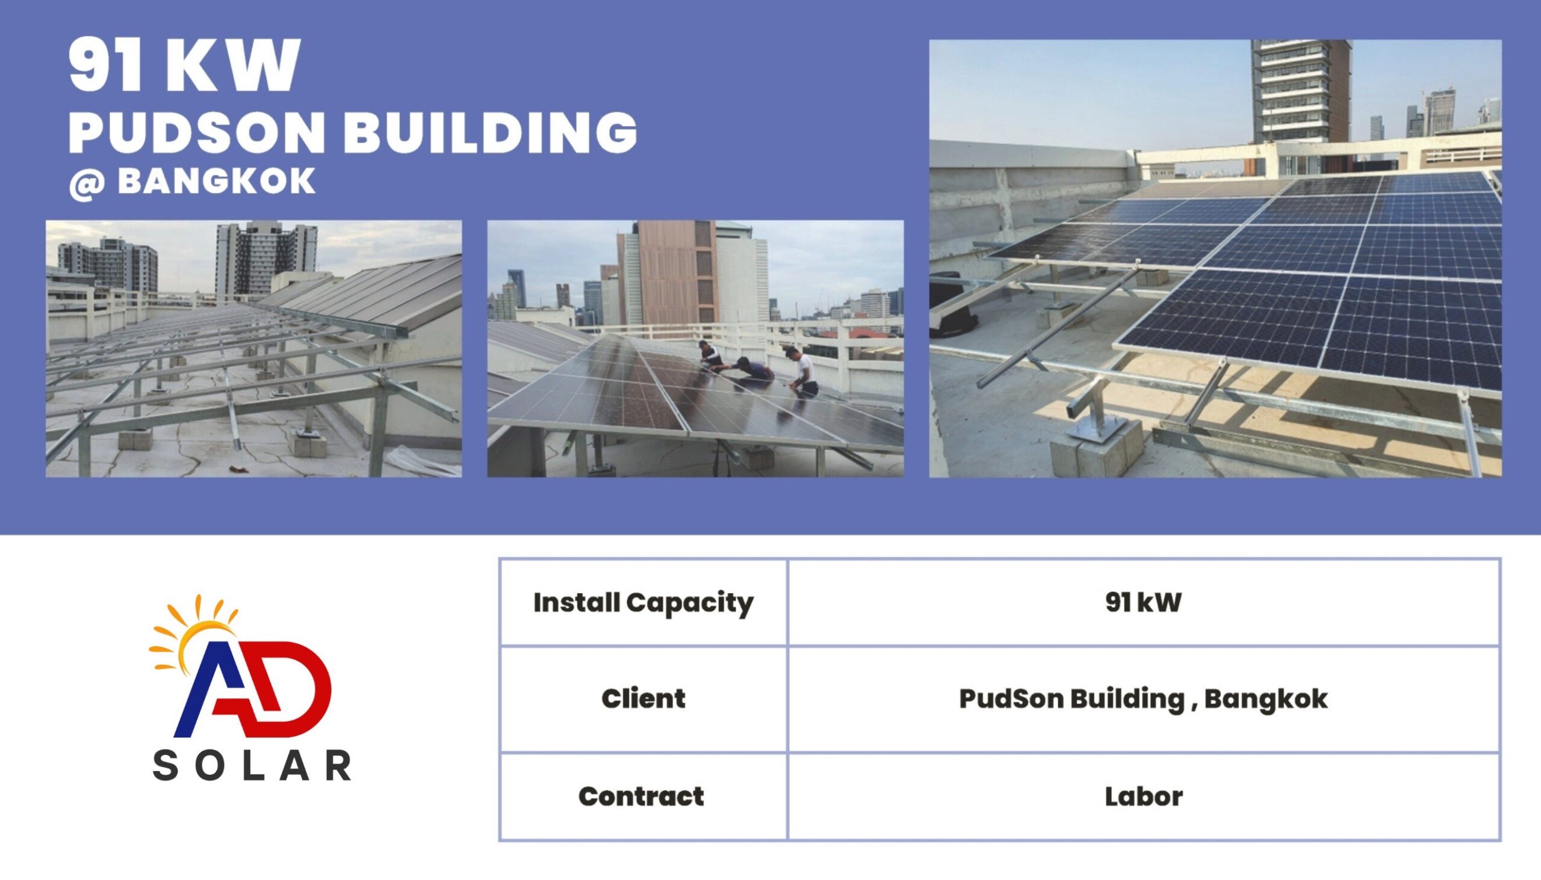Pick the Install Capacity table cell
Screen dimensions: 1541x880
pos(643,603)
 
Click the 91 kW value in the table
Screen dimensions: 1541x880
pos(1143,602)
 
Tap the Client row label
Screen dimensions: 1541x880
pos(643,699)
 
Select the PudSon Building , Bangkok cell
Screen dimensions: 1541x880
pos(1143,700)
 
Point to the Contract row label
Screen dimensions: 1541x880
pos(642,796)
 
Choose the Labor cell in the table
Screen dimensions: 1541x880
pos(1144,796)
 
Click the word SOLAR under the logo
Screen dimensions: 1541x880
pos(252,765)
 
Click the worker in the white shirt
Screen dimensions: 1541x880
pos(803,371)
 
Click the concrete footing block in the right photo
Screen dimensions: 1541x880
pos(1097,448)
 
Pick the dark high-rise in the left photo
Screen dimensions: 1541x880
pos(266,260)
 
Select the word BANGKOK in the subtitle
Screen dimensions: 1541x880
pos(217,181)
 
